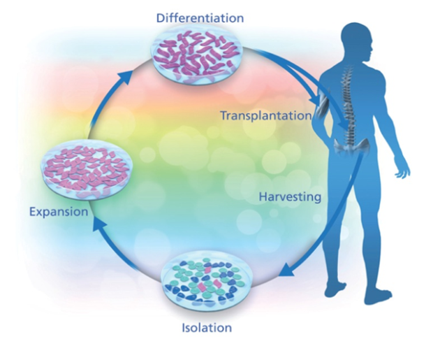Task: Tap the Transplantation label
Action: pyautogui.click(x=265, y=115)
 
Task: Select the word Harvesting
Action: pyautogui.click(x=289, y=196)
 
